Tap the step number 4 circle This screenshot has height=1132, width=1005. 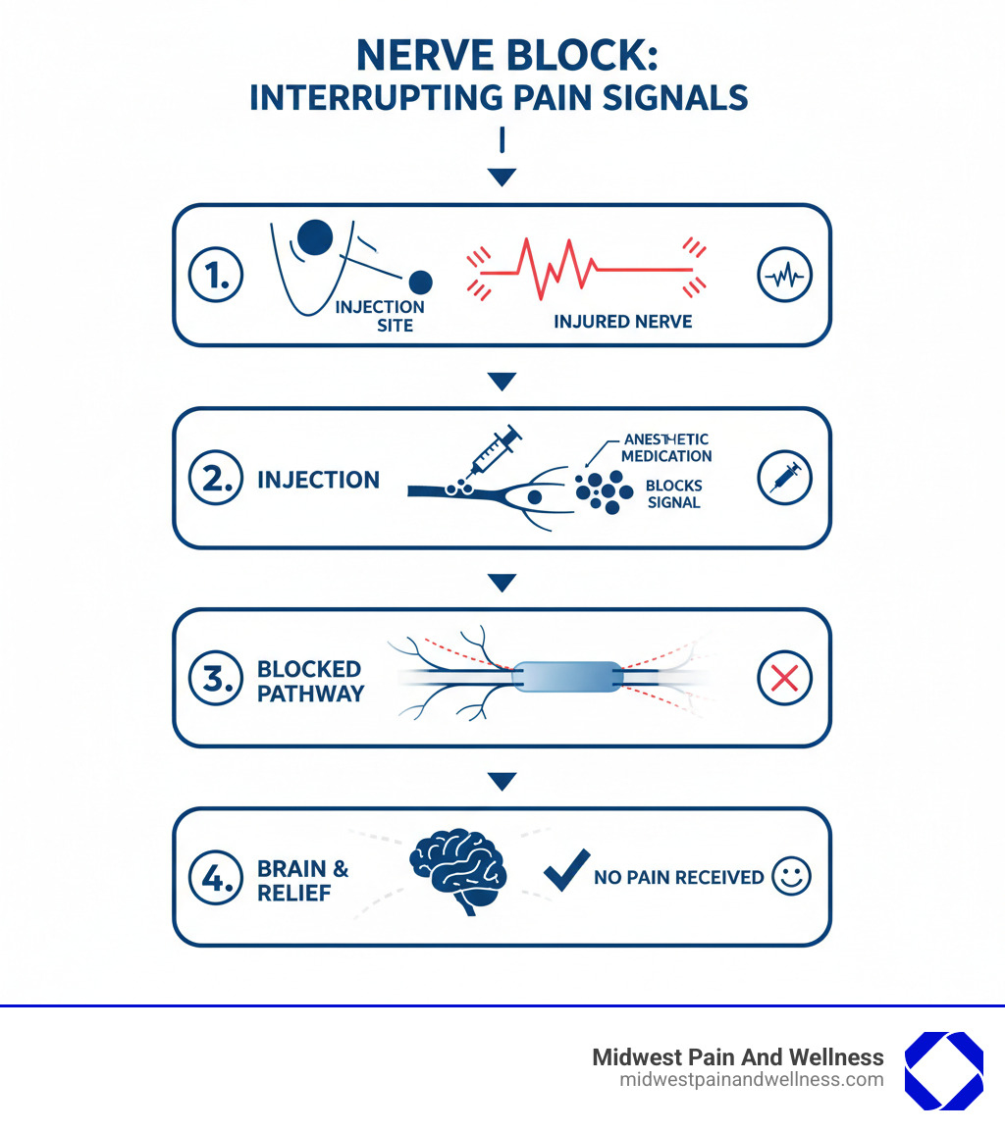point(215,877)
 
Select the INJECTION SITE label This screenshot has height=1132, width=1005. point(380,315)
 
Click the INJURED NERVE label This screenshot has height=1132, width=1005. point(622,321)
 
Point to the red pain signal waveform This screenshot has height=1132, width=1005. point(579,266)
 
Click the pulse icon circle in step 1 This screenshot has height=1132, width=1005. point(785,277)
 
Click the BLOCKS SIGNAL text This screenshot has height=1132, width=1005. point(673,494)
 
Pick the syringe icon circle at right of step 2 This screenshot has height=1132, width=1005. point(785,479)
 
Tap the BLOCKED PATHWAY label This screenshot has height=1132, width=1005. point(310,681)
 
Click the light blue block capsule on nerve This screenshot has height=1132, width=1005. point(567,677)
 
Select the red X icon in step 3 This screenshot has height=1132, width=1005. point(785,678)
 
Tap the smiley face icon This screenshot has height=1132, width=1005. point(791,876)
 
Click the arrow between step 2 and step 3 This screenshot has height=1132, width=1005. point(502,583)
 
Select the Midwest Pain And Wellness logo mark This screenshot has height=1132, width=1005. point(943,1070)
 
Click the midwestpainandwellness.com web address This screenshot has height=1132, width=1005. point(751,1080)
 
